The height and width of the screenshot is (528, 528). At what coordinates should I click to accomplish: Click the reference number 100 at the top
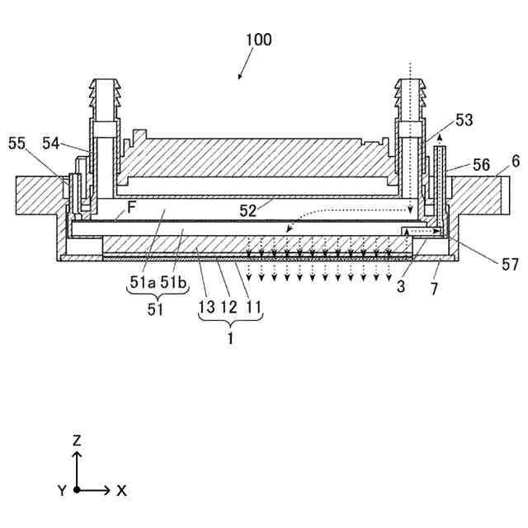(x=257, y=39)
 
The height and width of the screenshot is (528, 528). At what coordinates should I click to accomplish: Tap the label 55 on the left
(x=16, y=143)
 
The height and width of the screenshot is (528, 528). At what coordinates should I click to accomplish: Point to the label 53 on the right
(x=464, y=120)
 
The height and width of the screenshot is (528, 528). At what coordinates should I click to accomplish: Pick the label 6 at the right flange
(x=516, y=162)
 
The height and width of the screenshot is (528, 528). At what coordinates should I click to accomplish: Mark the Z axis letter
(x=77, y=441)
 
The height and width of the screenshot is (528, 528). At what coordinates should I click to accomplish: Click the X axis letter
(x=121, y=490)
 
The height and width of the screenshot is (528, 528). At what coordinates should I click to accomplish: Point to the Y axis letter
(x=61, y=490)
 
